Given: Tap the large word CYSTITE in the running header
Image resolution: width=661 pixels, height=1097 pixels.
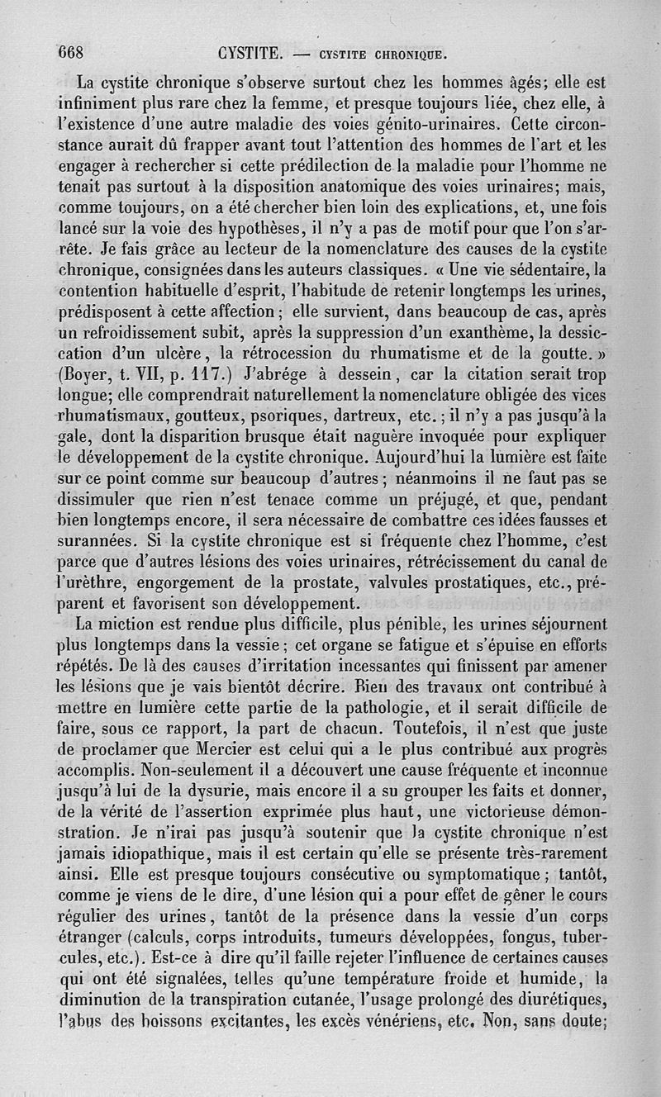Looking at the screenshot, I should click(251, 55).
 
